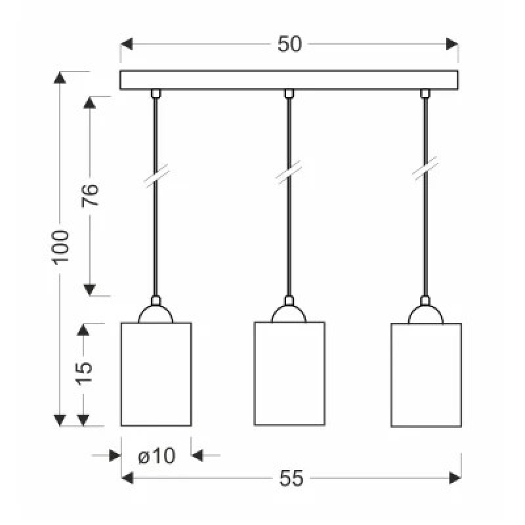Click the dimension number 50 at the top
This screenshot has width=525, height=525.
289,44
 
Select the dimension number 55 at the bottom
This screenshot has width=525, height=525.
291,478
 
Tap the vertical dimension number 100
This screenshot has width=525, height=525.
60,247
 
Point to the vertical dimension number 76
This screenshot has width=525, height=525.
90,195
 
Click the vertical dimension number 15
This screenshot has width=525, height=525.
84,373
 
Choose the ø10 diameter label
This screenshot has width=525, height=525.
157,455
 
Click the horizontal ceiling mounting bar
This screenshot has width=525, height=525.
289,80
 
